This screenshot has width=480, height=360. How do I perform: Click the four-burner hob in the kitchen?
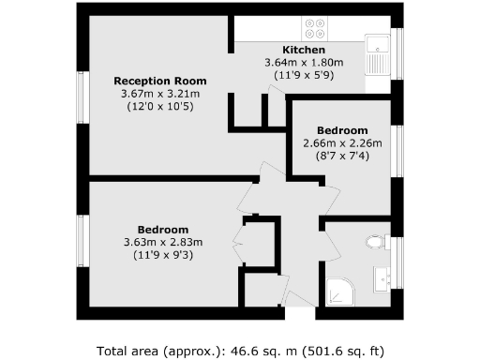coord(314,28)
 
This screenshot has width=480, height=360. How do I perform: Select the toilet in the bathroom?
coord(375,243)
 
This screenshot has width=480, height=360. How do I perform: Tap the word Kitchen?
coord(304,50)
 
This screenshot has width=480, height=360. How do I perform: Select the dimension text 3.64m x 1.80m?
coord(304,63)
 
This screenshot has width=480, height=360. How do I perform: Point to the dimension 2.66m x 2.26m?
coord(342,143)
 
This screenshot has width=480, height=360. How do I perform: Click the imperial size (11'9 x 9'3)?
coord(163,256)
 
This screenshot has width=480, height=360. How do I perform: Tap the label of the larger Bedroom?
coord(163,230)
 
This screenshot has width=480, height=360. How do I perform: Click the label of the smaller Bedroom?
coord(342,130)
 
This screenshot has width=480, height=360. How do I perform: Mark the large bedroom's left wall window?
coord(83,243)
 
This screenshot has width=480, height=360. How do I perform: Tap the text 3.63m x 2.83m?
coord(163,243)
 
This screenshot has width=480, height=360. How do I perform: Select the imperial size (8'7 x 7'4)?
coord(342,157)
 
